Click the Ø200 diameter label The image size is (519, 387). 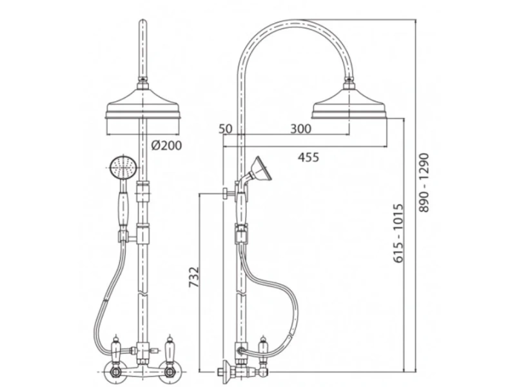point(166,145)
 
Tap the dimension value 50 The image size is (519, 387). point(226,128)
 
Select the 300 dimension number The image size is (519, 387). point(301,128)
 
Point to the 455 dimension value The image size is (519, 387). point(308,157)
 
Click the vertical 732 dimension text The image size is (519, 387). point(194,277)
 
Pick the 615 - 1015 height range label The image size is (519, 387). point(398,233)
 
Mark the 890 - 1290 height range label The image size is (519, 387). point(424,183)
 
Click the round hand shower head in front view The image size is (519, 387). point(123,168)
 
